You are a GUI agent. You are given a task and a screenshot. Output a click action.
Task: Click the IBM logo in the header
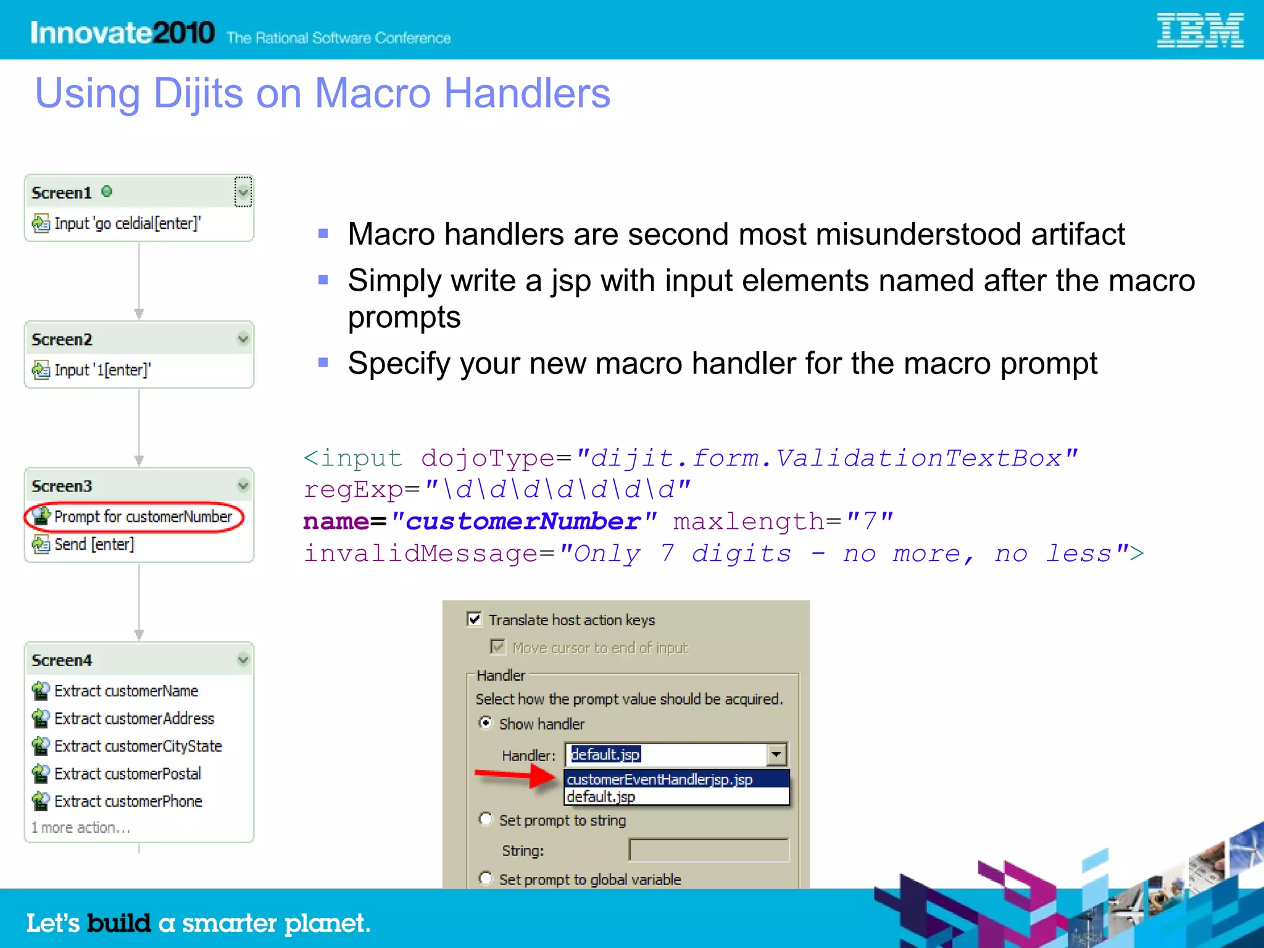(1199, 30)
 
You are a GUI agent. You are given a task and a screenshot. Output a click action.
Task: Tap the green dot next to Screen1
(107, 191)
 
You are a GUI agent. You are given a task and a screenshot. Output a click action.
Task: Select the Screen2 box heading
(62, 339)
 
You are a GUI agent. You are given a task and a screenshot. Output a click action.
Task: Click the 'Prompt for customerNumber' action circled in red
(143, 517)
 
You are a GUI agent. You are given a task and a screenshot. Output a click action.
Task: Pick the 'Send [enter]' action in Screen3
(94, 544)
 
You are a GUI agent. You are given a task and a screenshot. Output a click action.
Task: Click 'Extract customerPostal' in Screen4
(127, 773)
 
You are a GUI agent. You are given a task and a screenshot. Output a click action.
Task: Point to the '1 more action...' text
(81, 828)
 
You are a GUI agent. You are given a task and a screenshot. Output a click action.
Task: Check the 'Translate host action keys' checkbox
(474, 619)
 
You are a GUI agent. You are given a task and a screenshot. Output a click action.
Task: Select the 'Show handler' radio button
(486, 723)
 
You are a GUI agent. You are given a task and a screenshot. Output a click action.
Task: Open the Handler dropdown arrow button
(776, 754)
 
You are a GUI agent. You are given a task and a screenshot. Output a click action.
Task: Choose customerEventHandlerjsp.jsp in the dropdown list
(659, 780)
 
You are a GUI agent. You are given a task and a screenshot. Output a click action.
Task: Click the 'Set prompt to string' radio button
(486, 819)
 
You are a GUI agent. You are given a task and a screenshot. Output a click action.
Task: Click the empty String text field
(709, 850)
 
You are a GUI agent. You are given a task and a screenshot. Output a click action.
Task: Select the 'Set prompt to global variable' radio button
(486, 878)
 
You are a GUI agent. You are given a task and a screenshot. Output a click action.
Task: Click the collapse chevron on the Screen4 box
(243, 660)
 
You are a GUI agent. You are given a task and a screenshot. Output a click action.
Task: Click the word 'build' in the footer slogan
(118, 923)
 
